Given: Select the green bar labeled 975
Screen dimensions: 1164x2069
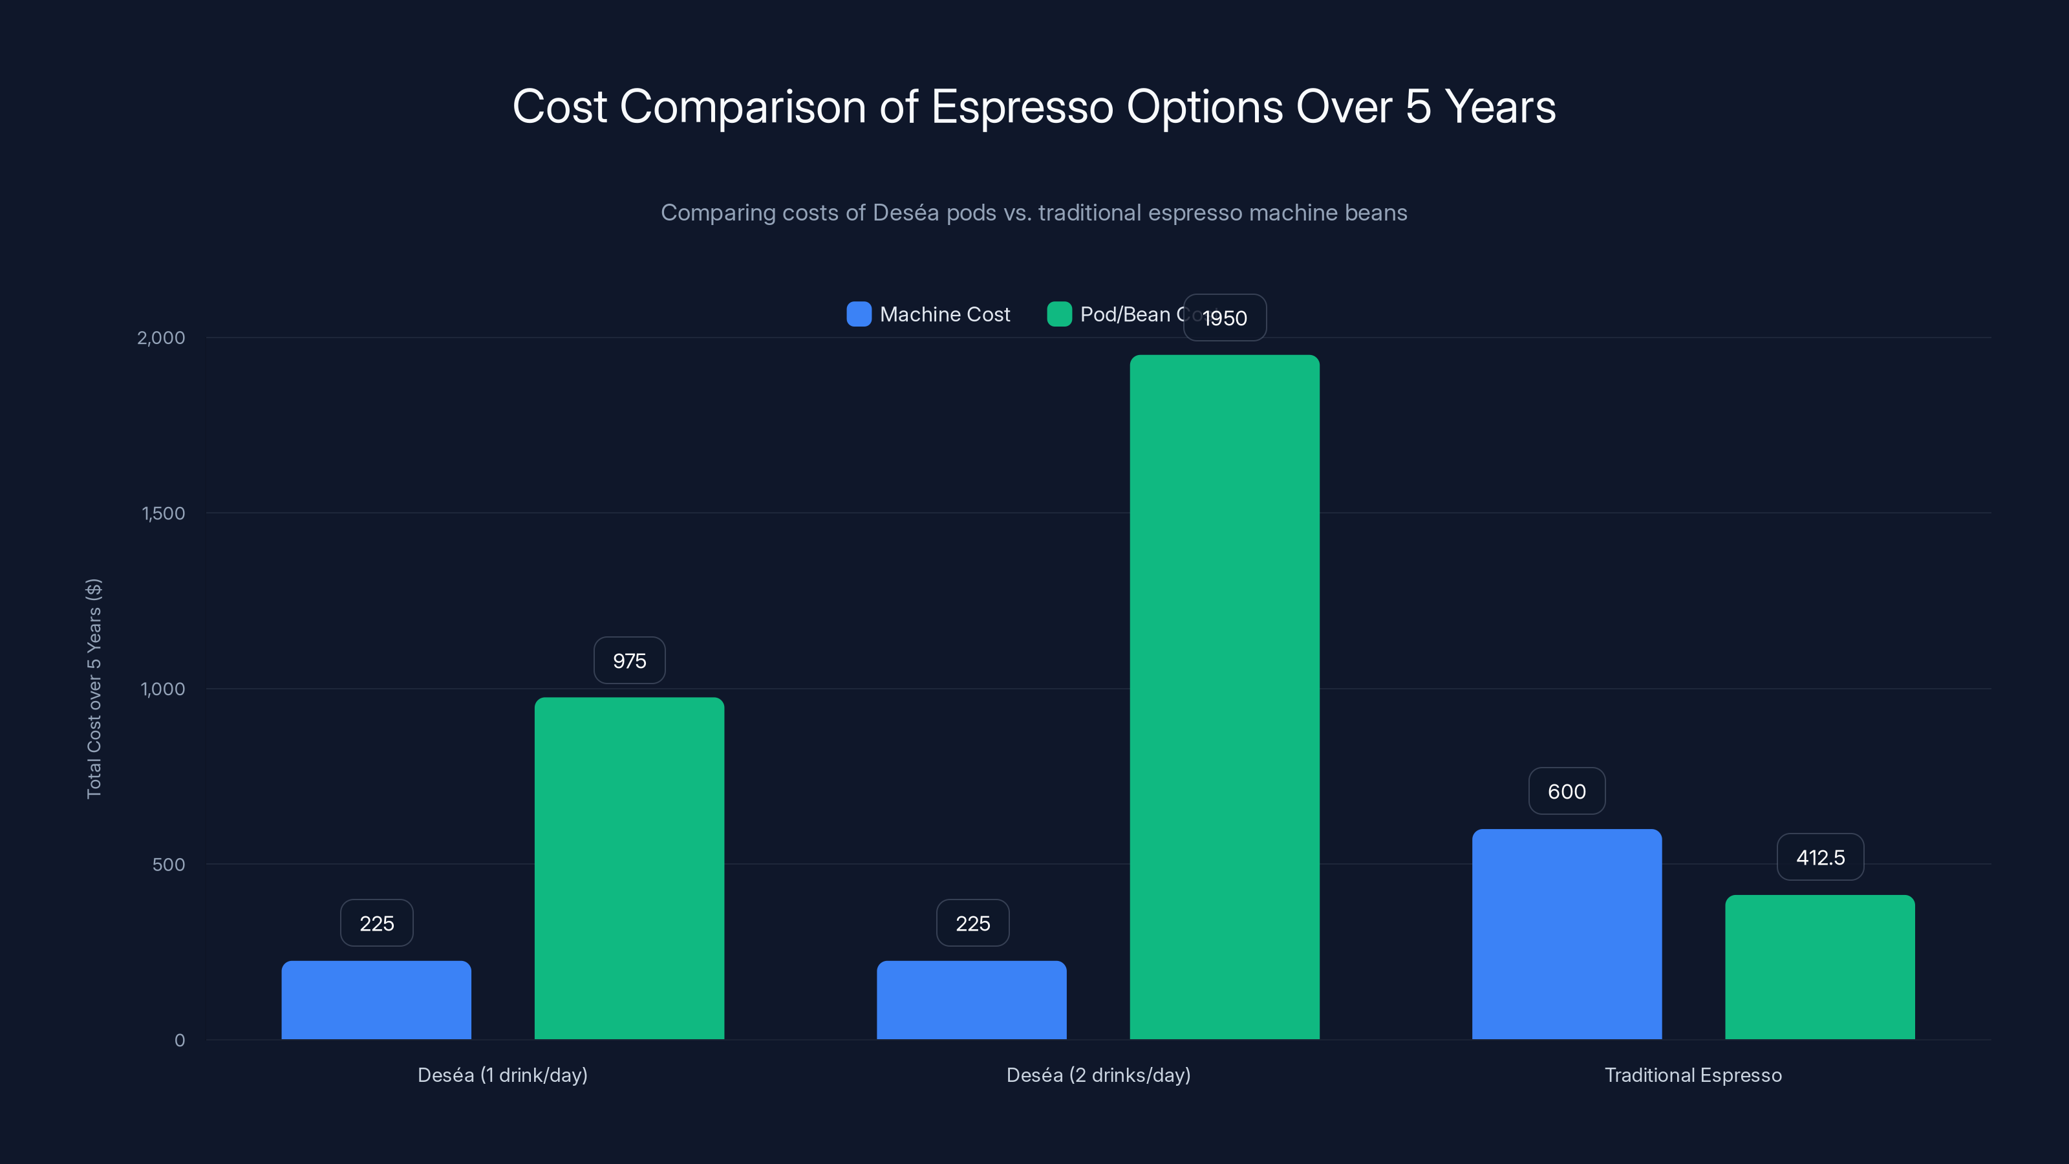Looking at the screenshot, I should [x=629, y=868].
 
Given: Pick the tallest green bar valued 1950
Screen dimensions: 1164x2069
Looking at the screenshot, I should [x=1224, y=696].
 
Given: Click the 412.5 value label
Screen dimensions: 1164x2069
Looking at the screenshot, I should [x=1819, y=857].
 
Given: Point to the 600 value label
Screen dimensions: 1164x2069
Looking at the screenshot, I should [x=1566, y=792].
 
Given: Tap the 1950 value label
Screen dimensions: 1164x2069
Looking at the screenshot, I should [x=1225, y=318].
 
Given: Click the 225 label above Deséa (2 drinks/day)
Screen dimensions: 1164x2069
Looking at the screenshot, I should [x=972, y=923].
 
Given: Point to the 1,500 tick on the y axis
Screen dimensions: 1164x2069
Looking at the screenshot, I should [x=163, y=513].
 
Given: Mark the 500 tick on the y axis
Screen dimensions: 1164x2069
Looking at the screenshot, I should [x=168, y=865].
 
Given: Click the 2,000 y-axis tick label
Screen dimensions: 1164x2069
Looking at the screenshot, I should [x=160, y=338].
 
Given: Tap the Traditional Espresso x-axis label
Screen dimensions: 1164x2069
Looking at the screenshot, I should [x=1692, y=1075].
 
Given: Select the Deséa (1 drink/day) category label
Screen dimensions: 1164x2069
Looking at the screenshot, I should [x=502, y=1075].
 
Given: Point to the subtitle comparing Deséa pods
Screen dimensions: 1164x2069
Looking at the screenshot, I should [x=1034, y=213].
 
